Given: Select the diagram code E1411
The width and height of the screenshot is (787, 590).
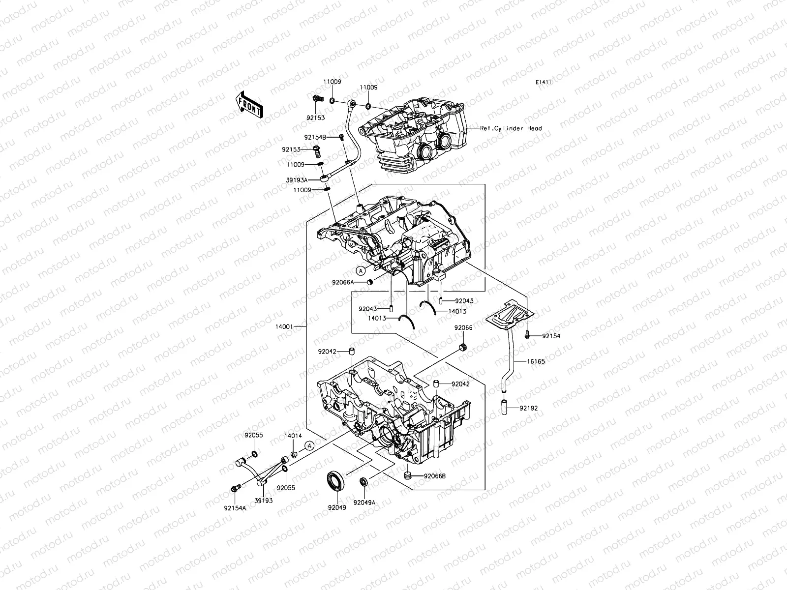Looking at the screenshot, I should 544,82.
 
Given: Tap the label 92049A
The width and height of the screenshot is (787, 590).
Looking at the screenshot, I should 364,503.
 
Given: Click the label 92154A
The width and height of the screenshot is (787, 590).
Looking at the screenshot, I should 235,509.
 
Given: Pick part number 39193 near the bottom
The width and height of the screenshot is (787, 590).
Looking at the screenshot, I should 263,501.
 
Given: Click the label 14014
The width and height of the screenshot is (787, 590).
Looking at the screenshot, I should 293,436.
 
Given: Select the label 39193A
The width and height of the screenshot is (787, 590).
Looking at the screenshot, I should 298,180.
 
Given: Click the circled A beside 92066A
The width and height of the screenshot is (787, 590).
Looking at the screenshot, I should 361,270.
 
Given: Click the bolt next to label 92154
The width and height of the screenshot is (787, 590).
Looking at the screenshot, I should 527,336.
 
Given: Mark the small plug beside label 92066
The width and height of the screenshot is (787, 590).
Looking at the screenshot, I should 462,348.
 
